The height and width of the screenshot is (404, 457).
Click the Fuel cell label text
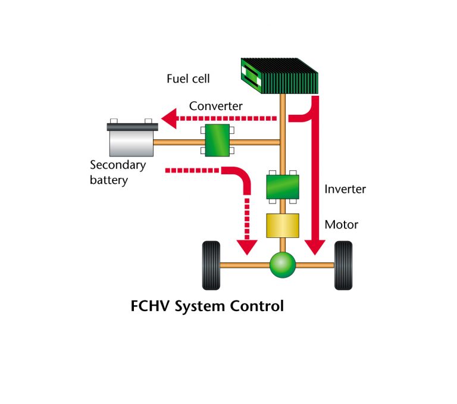point(188,79)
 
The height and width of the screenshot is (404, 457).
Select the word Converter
point(216,107)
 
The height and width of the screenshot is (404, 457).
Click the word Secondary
point(118,165)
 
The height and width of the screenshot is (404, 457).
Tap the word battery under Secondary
point(109,180)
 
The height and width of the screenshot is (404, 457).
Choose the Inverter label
point(345,189)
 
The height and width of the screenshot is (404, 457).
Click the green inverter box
point(282,186)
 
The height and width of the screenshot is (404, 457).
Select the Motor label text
point(342,225)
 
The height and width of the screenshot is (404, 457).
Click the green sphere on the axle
point(282,265)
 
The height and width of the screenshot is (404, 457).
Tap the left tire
point(211,265)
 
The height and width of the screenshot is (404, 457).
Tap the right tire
point(343,265)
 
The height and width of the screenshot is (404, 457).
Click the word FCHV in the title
point(150,307)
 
